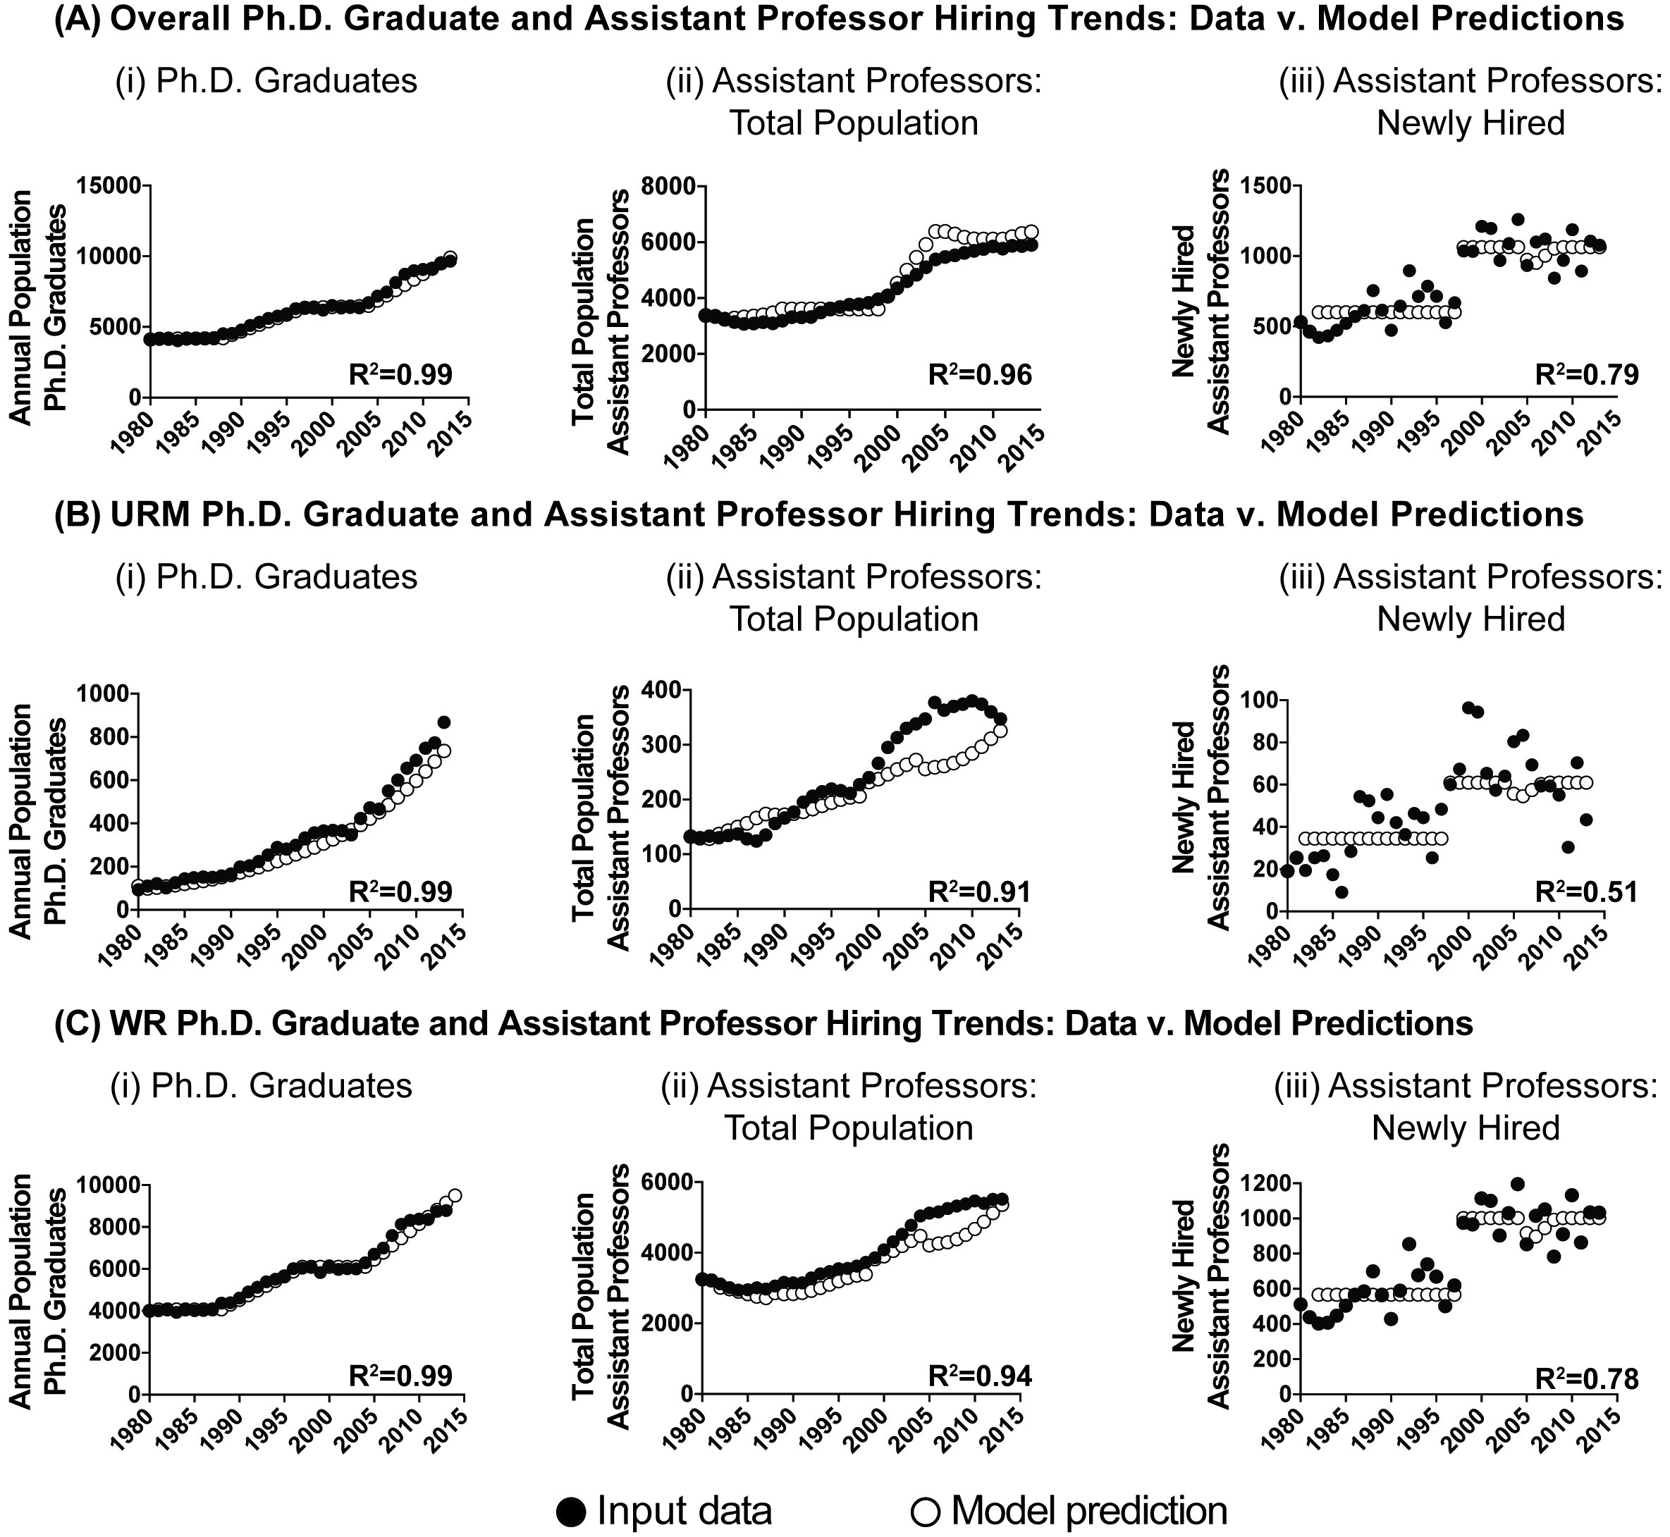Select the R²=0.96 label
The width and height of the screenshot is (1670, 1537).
980,374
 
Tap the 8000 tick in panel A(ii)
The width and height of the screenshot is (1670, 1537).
670,185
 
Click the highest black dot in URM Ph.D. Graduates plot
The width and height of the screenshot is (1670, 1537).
444,722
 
